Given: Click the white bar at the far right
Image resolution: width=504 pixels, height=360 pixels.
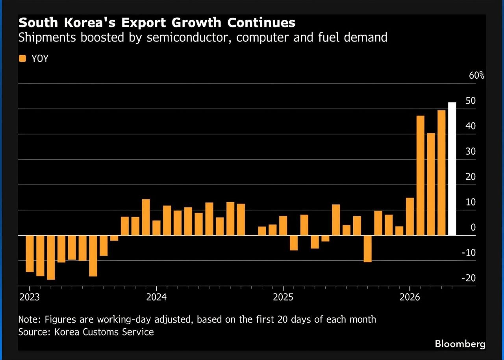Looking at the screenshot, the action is coord(452,169).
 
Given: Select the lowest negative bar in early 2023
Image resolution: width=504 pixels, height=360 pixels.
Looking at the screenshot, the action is coord(51,258).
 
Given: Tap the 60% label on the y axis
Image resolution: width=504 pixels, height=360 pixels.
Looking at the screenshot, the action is coord(476,75).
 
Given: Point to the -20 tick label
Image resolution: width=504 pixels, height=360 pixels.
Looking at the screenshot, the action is coord(469,278).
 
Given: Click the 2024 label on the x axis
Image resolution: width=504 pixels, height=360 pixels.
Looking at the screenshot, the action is coord(156,297).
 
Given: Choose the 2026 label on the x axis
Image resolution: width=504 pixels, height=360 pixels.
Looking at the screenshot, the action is coord(410,297).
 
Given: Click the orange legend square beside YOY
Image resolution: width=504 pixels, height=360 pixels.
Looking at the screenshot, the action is coord(22,59).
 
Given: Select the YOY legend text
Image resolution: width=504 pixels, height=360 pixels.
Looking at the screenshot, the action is coord(40,59).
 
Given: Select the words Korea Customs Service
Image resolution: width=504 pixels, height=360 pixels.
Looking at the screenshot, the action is coord(104,332).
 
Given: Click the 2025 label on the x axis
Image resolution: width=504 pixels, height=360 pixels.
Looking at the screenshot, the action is coord(283,297).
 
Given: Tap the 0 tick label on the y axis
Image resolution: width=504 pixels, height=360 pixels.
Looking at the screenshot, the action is coord(473,228).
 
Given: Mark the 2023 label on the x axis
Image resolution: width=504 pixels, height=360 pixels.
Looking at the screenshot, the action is coord(30,297).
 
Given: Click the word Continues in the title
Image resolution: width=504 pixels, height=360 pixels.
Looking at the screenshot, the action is coord(261,23).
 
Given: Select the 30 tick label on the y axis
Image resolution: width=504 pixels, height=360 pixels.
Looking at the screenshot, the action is coord(471,151).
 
